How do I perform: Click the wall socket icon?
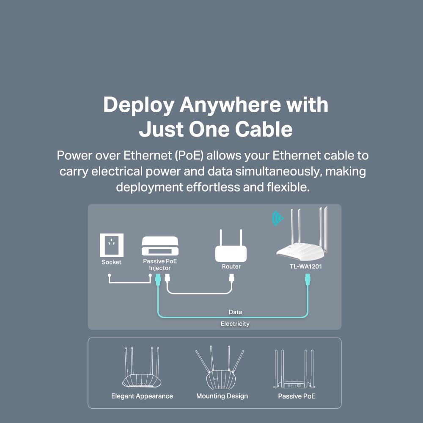tap(112, 244)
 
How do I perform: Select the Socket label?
tap(111, 262)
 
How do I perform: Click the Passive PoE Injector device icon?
tap(160, 246)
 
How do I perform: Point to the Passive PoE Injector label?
tap(160, 265)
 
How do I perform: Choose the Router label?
tap(231, 266)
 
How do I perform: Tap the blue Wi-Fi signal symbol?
tap(277, 218)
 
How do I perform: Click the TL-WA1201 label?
tap(302, 267)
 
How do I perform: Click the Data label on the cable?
tap(235, 312)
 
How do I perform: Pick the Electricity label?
tap(235, 324)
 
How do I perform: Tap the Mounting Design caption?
tap(222, 396)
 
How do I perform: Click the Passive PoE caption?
tap(297, 396)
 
